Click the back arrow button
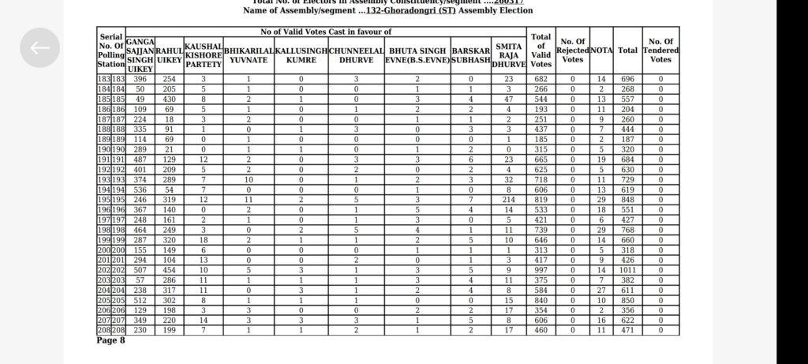tap(39, 48)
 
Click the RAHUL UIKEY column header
tap(170, 55)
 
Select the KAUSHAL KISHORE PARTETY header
tap(204, 55)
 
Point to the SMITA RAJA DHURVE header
tap(509, 55)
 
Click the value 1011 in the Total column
tap(627, 270)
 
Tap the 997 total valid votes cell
tap(541, 270)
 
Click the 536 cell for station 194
tap(140, 190)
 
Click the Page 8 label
tap(110, 340)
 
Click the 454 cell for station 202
tap(170, 270)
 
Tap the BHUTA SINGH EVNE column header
tap(417, 55)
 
